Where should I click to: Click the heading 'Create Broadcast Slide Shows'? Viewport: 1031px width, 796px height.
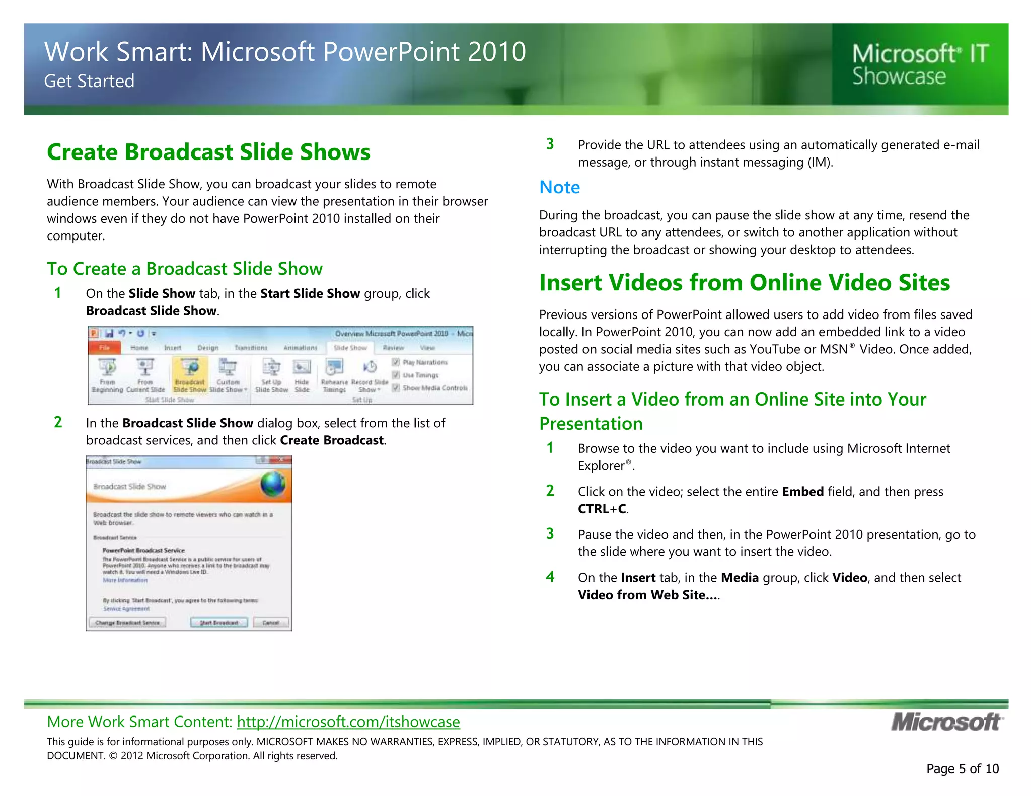(x=208, y=152)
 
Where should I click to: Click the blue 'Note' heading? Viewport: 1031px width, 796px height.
(x=559, y=187)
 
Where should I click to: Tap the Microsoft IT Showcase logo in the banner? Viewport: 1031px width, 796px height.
(x=919, y=65)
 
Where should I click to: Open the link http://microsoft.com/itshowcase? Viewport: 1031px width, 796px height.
(x=348, y=722)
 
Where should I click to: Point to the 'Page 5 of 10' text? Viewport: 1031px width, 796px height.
(x=962, y=769)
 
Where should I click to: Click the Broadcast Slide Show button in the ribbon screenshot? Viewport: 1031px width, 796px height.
(x=190, y=375)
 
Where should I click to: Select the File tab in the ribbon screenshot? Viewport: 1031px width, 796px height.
(x=104, y=348)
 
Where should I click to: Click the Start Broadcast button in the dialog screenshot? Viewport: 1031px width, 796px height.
(x=219, y=623)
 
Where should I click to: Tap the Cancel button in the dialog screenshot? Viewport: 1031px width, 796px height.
(x=271, y=623)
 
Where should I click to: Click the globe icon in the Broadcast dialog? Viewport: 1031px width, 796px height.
(x=273, y=484)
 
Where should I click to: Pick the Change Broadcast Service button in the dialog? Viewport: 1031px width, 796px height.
(x=127, y=623)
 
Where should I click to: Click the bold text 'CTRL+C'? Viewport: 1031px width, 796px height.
(x=602, y=509)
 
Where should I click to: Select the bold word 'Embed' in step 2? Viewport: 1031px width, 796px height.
(x=802, y=492)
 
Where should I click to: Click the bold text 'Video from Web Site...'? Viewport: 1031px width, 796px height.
(x=647, y=595)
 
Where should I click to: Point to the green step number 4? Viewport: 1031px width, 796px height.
(x=550, y=577)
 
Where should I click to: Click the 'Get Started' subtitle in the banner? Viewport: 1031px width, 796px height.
(x=89, y=81)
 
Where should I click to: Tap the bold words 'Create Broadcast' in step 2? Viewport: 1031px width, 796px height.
(x=332, y=440)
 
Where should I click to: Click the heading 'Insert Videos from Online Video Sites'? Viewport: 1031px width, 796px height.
(x=744, y=283)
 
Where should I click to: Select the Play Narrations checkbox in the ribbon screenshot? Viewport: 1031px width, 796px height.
(x=396, y=362)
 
